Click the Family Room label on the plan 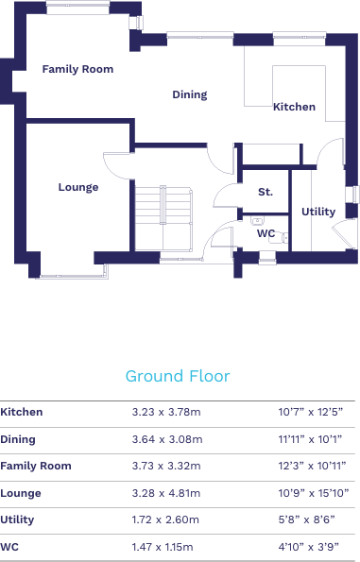77,69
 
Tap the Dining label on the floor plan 189,94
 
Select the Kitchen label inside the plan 294,107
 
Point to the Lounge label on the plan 78,187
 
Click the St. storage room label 266,192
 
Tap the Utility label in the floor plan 318,212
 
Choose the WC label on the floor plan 266,233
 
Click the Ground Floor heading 178,376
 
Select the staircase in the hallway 163,217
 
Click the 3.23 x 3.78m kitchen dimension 166,412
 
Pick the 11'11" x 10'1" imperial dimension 312,439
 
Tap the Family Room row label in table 36,466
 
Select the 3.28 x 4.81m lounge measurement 166,493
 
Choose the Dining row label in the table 18,439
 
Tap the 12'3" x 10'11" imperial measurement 312,466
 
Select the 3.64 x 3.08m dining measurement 166,439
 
